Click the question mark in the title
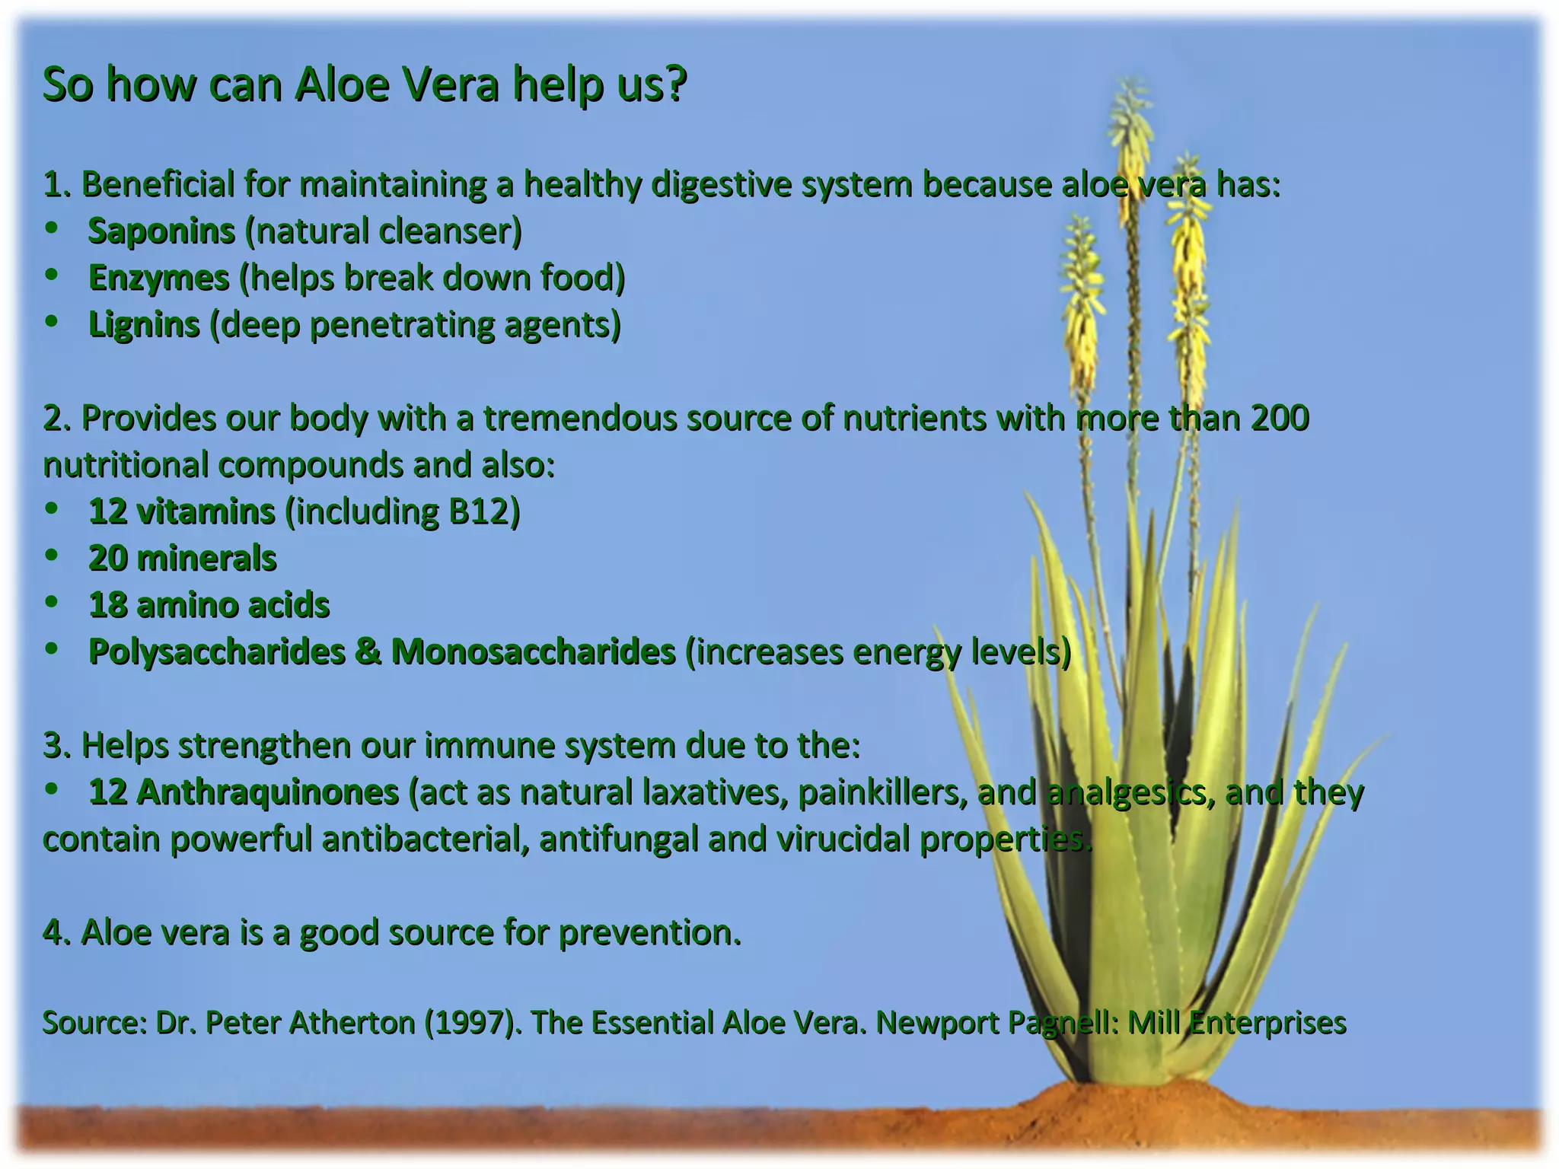(674, 84)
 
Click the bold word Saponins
(161, 231)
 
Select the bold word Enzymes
(158, 278)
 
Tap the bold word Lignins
(144, 325)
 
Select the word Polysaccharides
(216, 651)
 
